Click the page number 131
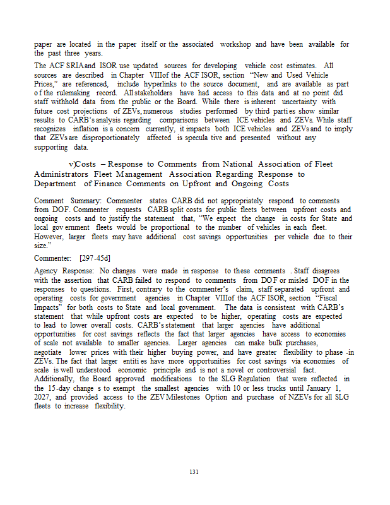pyautogui.click(x=194, y=472)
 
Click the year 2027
pyautogui.click(x=45, y=398)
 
